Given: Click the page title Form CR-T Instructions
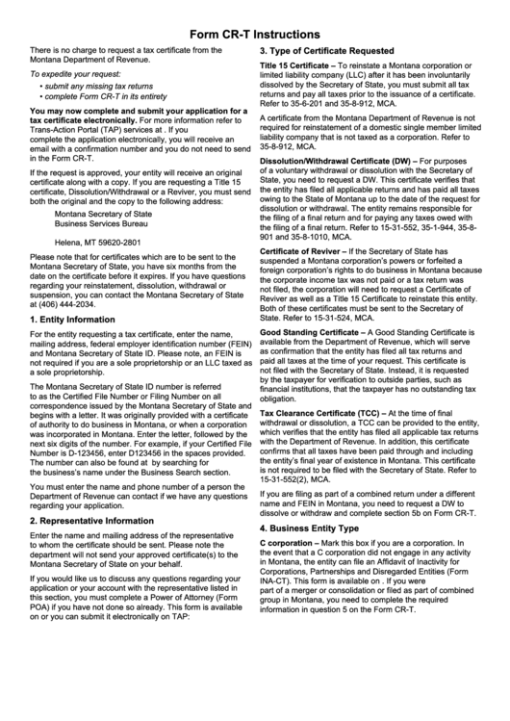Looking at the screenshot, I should (254, 33).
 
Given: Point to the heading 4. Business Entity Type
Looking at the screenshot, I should (310, 528).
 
